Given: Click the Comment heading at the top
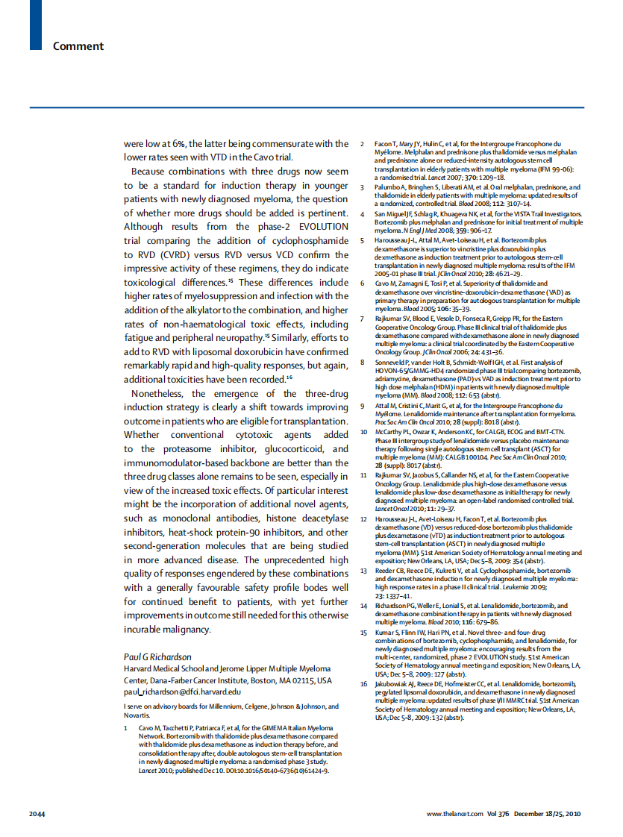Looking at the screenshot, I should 78,46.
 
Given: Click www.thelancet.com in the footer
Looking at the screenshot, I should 454,812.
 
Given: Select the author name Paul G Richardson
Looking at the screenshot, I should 157,656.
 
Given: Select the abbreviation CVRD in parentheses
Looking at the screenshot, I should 167,254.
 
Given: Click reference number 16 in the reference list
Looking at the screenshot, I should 363,683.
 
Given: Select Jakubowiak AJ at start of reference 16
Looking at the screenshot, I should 398,683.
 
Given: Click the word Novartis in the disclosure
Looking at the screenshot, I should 138,715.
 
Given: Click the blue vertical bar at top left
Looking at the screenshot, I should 34,24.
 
